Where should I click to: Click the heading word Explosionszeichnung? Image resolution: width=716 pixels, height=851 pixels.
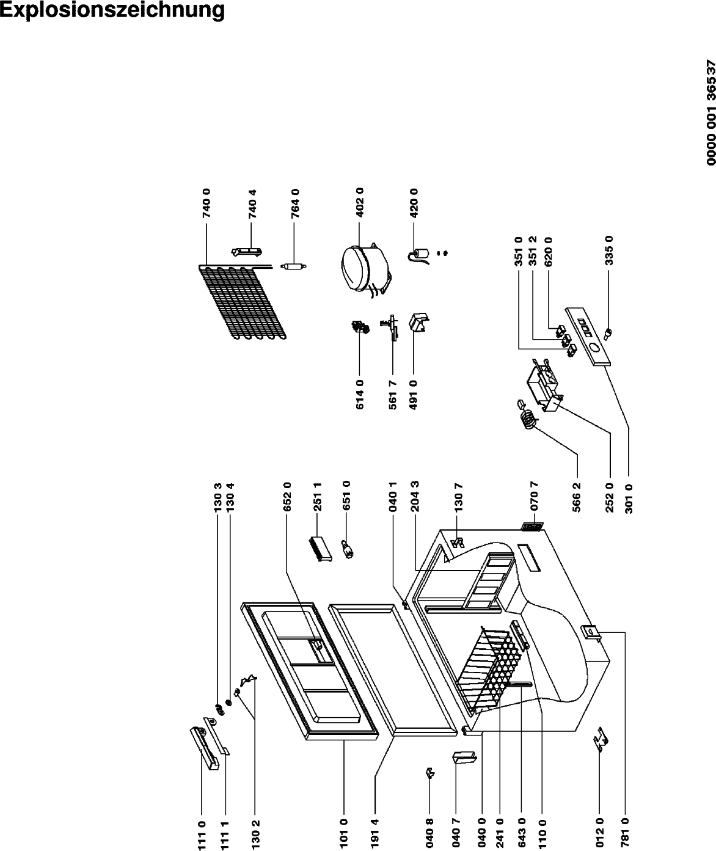[112, 10]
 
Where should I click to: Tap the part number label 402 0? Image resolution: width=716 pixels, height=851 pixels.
[360, 202]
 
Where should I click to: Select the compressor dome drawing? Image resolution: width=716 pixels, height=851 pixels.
[365, 269]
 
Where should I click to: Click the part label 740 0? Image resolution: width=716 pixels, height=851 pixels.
[206, 203]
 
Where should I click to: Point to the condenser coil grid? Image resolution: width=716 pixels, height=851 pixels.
[243, 302]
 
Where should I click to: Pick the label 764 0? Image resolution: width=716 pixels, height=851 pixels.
[296, 203]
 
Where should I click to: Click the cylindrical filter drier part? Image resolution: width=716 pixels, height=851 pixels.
[293, 266]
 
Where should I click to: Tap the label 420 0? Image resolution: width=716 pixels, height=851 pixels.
[414, 203]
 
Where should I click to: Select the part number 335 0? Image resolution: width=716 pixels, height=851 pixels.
[609, 250]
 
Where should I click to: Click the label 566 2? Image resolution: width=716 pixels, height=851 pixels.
[577, 497]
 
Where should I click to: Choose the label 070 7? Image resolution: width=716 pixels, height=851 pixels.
[534, 495]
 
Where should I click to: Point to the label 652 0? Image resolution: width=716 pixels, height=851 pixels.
[287, 497]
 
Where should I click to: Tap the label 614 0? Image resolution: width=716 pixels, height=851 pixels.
[360, 395]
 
